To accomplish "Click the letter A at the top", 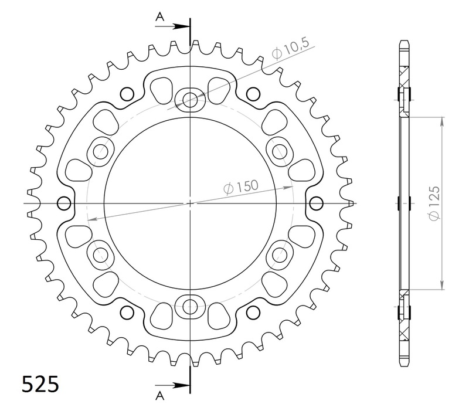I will [158, 18].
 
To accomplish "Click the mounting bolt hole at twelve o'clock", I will [190, 100].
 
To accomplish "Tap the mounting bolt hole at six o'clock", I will [190, 306].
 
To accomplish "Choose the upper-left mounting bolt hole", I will [101, 151].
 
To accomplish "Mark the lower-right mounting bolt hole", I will [279, 254].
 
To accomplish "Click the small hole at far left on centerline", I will [63, 203].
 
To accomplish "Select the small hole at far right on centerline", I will [316, 203].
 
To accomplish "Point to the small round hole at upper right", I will [253, 93].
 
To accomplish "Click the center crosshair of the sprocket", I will [190, 203].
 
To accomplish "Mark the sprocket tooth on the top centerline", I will [190, 36].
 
